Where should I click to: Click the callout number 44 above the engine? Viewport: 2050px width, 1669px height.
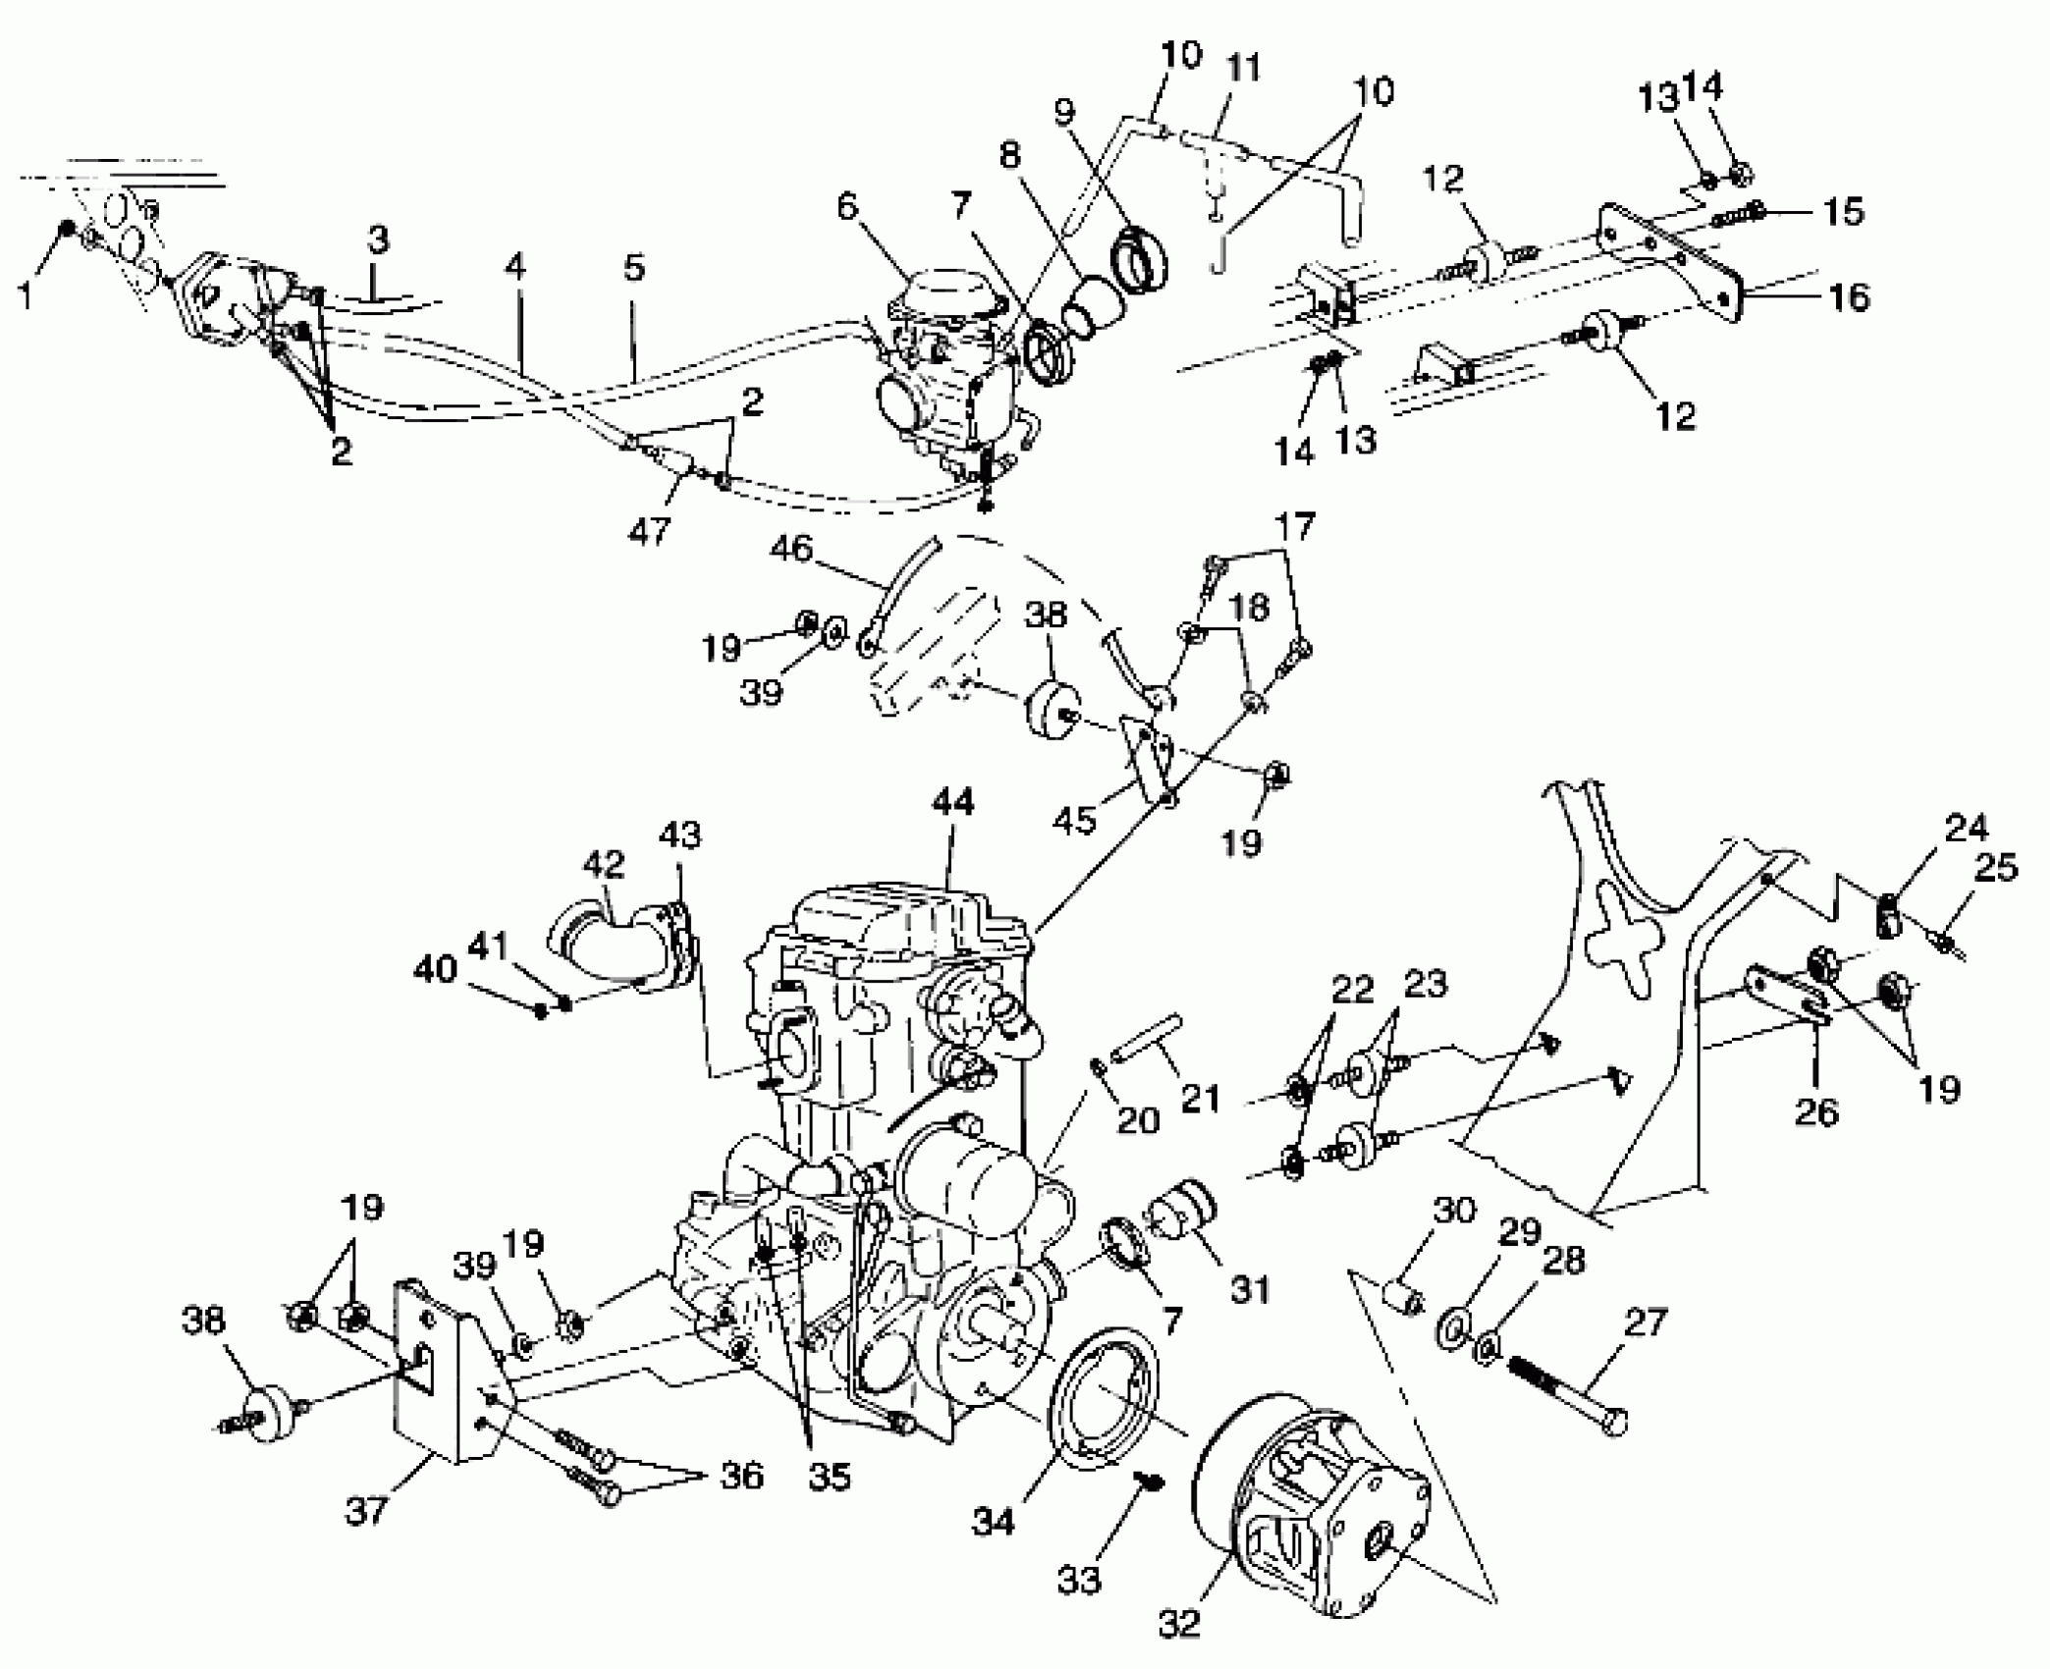click(952, 802)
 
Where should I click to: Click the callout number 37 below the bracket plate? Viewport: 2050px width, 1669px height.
click(366, 1511)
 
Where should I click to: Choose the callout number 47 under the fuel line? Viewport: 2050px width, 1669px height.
click(649, 531)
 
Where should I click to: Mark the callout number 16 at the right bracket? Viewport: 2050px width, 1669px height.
click(1850, 296)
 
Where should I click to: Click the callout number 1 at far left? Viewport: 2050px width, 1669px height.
click(27, 294)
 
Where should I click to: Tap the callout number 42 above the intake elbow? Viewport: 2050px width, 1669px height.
click(603, 864)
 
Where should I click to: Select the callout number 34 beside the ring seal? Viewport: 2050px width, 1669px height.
click(993, 1523)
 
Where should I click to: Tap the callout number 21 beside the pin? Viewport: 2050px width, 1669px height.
click(1200, 1098)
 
